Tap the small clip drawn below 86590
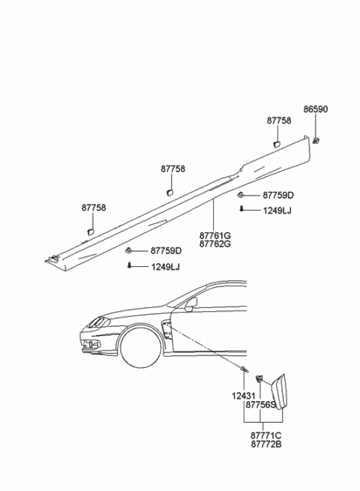coord(316,139)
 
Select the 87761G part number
coord(215,235)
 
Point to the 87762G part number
coord(215,244)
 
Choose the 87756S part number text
coord(261,405)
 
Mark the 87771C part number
coord(266,436)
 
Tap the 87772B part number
coord(266,445)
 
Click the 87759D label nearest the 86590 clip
coord(278,195)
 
